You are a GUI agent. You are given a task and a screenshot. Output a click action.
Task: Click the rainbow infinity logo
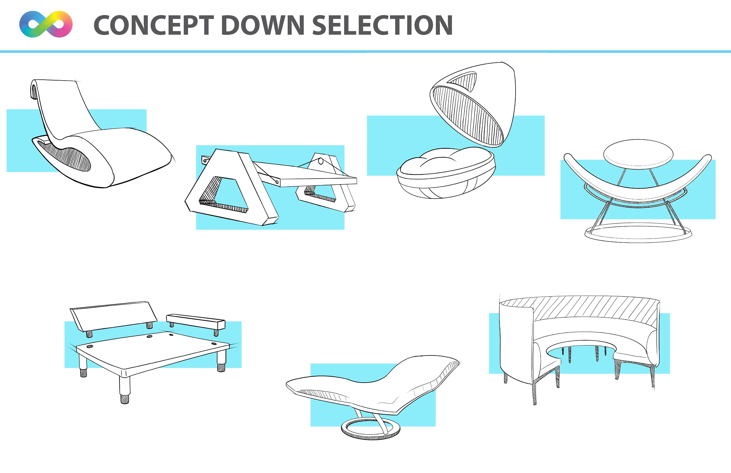pos(46,24)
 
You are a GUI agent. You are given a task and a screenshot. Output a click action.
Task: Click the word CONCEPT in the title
pos(154,25)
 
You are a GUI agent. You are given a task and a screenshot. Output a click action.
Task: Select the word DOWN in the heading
pos(263,25)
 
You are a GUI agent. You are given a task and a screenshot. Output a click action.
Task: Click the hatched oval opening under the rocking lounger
pos(66,157)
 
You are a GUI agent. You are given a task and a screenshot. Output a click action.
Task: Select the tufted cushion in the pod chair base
pos(442,161)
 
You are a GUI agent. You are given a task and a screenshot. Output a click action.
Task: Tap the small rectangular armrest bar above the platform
pos(196,321)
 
